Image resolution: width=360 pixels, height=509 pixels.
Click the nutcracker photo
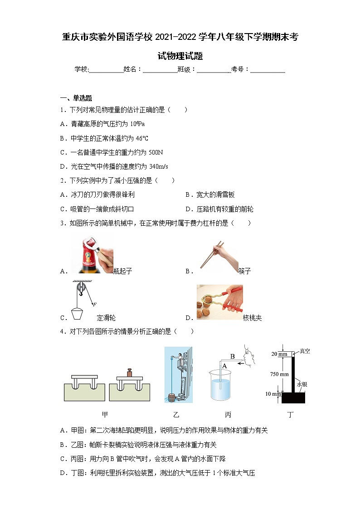click(219, 302)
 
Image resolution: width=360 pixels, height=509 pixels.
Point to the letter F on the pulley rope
click(95, 304)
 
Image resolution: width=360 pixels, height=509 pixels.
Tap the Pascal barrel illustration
click(178, 374)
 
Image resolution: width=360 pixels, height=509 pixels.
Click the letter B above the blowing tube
click(232, 356)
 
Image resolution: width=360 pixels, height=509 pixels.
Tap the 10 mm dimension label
click(274, 394)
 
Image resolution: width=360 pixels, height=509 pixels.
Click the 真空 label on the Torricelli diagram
click(305, 351)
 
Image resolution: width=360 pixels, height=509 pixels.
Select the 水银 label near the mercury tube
click(302, 384)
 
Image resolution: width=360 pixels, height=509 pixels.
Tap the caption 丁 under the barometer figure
click(291, 414)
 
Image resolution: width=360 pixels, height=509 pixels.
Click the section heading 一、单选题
click(76, 98)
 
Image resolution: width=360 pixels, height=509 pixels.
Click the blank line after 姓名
click(160, 69)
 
